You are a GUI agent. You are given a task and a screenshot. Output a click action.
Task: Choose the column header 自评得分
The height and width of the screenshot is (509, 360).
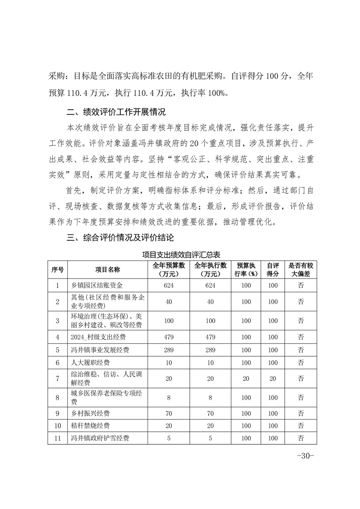pyautogui.click(x=272, y=269)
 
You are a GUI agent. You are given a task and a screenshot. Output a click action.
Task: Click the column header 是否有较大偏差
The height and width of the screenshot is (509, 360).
pyautogui.click(x=301, y=269)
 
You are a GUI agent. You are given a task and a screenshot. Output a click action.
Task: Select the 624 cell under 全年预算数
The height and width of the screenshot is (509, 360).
pyautogui.click(x=169, y=285)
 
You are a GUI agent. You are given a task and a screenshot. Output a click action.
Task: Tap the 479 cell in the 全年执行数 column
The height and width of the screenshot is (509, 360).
pyautogui.click(x=210, y=337)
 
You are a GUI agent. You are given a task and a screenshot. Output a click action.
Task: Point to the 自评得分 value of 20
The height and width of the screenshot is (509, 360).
pyautogui.click(x=272, y=378)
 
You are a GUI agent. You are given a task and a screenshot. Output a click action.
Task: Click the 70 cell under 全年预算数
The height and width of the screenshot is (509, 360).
pyautogui.click(x=169, y=413)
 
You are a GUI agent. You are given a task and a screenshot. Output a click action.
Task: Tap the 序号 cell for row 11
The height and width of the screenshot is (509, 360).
pyautogui.click(x=58, y=438)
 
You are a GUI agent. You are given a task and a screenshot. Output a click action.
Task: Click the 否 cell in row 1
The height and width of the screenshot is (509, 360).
pyautogui.click(x=301, y=285)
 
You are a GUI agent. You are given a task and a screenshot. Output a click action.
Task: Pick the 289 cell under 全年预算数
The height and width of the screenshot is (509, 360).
pyautogui.click(x=169, y=350)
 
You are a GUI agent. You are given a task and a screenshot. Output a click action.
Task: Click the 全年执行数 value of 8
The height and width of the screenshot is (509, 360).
pyautogui.click(x=210, y=397)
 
